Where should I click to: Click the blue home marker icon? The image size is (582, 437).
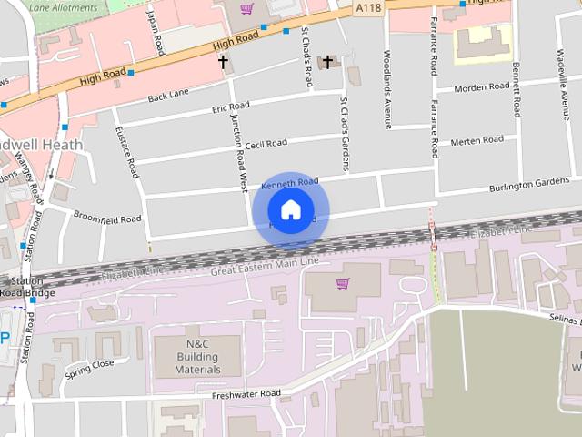pos(290,210)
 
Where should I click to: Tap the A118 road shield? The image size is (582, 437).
pos(368,8)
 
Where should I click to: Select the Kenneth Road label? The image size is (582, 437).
pos(289,184)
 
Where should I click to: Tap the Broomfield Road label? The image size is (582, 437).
pos(107,219)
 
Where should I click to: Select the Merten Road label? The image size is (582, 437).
pos(477,140)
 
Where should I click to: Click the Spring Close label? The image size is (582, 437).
pos(89,369)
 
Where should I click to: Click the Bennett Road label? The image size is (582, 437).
pos(517,90)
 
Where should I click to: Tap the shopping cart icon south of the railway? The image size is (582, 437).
pos(342,284)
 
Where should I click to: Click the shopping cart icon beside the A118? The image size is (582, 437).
pos(246,9)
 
